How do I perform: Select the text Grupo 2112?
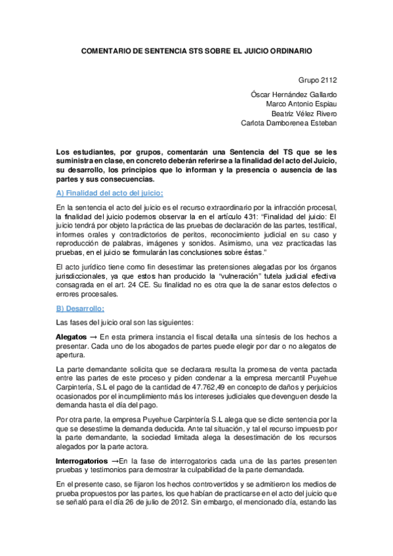(318, 81)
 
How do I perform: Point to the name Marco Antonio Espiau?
(301, 103)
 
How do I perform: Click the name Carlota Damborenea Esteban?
(289, 123)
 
